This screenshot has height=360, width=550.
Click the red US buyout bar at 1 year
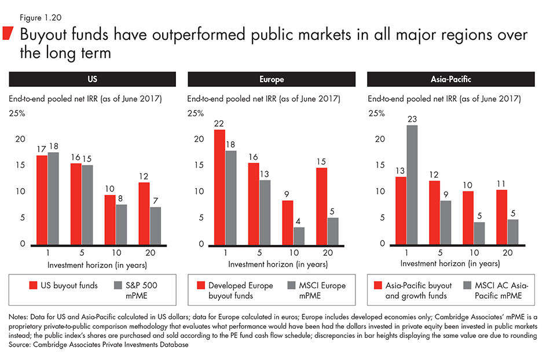42,200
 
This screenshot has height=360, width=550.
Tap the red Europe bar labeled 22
221,186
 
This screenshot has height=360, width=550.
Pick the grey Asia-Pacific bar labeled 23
412,185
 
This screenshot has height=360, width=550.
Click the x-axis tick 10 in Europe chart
295,254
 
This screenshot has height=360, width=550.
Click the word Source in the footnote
21,343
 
